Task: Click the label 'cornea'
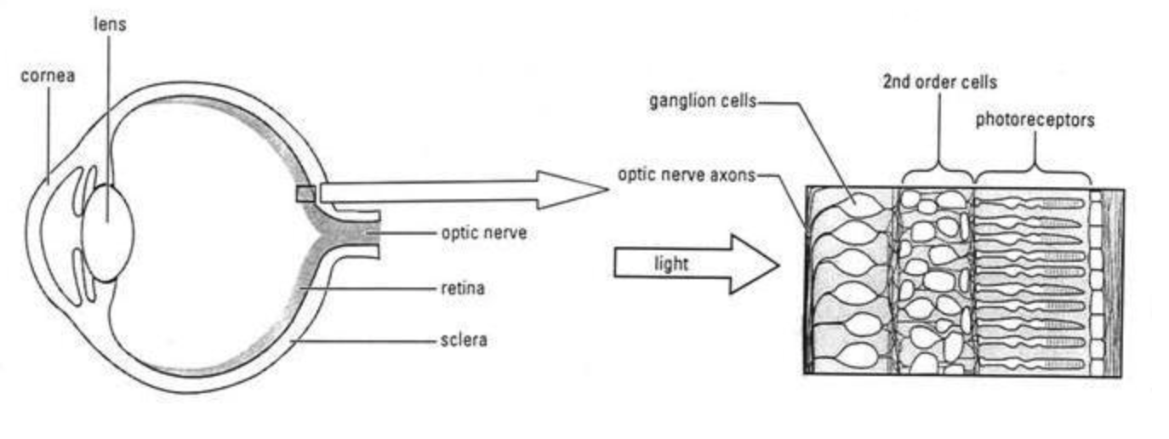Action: [x=48, y=77]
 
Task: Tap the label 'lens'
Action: [x=110, y=24]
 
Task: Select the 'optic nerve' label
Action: [x=483, y=232]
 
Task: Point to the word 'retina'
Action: [x=462, y=289]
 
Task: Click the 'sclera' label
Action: [x=464, y=341]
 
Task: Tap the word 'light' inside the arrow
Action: [x=670, y=265]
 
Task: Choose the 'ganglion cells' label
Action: [x=702, y=101]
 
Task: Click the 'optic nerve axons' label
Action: [x=686, y=176]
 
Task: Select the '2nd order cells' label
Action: [x=938, y=83]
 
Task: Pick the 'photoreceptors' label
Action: [x=1035, y=120]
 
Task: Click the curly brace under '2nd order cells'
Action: [x=938, y=173]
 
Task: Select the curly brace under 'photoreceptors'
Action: [x=1034, y=173]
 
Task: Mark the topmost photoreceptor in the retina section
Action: [x=1029, y=204]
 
